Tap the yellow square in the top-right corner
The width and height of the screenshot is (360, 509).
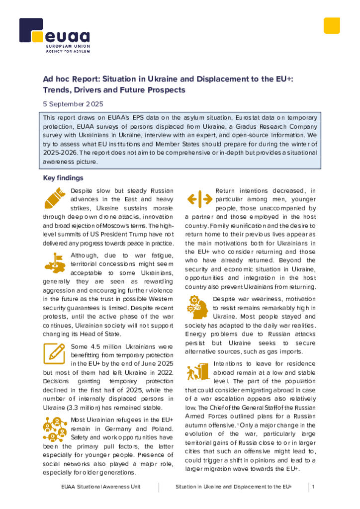[x=332, y=26]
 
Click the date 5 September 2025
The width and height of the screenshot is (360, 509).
[x=73, y=104]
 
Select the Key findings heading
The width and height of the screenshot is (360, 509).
[x=63, y=178]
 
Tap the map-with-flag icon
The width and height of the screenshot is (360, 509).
[x=55, y=262]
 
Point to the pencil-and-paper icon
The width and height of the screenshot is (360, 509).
[x=54, y=353]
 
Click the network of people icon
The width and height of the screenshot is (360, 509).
[x=55, y=429]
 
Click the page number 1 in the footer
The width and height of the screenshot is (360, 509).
[x=313, y=487]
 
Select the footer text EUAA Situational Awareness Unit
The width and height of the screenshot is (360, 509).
[x=100, y=487]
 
